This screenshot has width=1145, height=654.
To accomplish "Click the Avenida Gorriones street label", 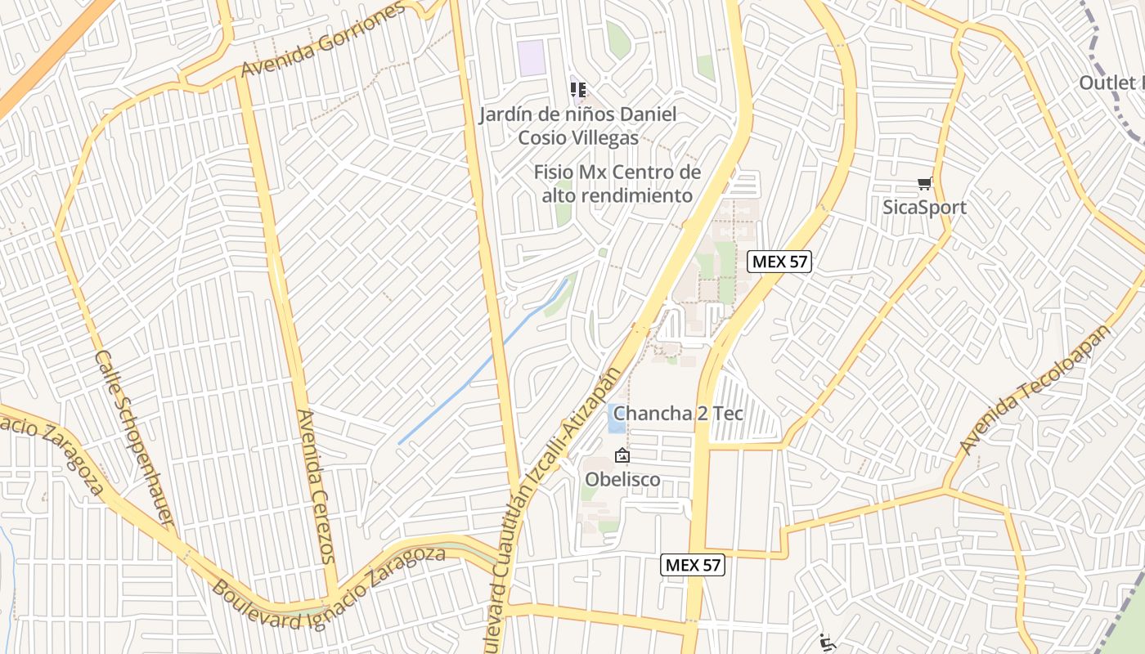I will point(324,40).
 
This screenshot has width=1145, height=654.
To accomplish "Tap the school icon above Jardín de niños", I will point(578,88).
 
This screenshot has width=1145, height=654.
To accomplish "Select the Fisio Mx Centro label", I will point(617,172).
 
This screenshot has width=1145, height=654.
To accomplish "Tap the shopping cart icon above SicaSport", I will point(924,184).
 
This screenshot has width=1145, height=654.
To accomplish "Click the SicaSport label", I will point(924,207).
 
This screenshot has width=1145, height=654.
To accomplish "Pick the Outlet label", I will point(1109,83).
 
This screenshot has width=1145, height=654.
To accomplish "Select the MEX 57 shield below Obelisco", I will point(693,564).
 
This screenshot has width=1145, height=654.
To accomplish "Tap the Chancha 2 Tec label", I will point(678,413).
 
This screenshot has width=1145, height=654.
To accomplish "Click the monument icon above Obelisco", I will point(622,456).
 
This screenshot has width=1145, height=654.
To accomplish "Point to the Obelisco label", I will point(622,479).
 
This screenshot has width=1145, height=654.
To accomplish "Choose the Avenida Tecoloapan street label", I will point(1036,388).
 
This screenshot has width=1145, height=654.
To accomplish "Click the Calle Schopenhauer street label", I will point(135,438).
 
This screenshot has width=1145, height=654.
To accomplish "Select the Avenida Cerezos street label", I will point(317,486).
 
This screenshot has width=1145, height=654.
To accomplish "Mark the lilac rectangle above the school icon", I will point(532,58).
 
